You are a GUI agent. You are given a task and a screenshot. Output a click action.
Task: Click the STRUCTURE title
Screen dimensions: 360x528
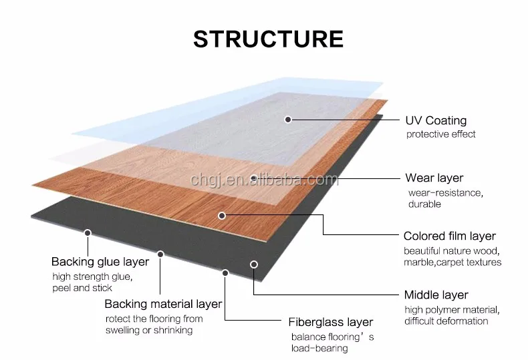(x=268, y=39)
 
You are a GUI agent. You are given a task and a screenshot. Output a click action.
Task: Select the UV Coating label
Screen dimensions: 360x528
(x=436, y=121)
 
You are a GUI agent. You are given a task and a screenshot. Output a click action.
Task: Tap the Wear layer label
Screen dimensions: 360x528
(x=434, y=178)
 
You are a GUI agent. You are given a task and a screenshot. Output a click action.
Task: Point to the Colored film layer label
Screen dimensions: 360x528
(x=449, y=236)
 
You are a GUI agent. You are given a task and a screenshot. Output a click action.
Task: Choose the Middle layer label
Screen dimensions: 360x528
(x=436, y=295)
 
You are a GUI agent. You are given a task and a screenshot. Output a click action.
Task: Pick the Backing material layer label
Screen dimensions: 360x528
(x=163, y=305)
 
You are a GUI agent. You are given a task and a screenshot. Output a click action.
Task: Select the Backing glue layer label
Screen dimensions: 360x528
(x=100, y=262)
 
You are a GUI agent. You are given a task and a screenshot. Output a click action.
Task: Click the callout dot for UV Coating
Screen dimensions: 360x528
(x=288, y=120)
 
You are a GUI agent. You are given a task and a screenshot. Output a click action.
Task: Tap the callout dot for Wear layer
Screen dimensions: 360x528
(x=254, y=178)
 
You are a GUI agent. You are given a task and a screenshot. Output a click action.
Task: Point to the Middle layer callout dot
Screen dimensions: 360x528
(x=254, y=264)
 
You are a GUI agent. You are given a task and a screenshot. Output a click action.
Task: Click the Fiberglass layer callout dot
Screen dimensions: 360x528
(x=226, y=273)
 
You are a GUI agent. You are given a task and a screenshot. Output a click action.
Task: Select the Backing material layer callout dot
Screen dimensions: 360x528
(x=160, y=254)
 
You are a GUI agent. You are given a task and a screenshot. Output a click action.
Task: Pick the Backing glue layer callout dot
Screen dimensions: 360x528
(x=87, y=232)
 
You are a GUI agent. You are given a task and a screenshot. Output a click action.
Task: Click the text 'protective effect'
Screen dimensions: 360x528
(x=441, y=134)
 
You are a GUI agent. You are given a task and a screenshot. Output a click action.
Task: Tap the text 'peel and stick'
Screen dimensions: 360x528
(x=82, y=288)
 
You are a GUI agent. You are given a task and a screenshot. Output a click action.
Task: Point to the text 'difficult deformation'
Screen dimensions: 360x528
(x=446, y=321)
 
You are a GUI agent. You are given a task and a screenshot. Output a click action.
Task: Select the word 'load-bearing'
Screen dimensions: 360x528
(x=319, y=348)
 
